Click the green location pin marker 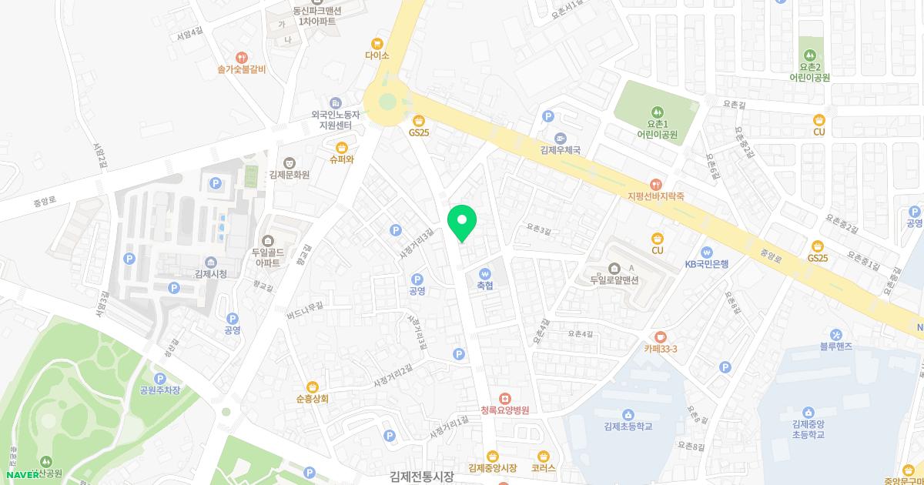tap(462, 222)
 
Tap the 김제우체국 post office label tap(560, 151)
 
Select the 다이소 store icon tap(377, 44)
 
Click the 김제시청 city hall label tap(210, 274)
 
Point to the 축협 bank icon tap(484, 273)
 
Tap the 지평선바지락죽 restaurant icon tap(655, 184)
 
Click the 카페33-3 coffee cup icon tap(661, 336)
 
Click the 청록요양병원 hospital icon tap(504, 398)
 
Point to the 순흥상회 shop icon tap(312, 386)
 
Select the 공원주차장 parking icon tap(160, 378)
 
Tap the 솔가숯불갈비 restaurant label tap(241, 69)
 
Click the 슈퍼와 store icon tap(341, 147)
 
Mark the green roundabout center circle tap(387, 102)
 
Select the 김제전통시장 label tap(422, 477)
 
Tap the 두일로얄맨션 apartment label tap(614, 279)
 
